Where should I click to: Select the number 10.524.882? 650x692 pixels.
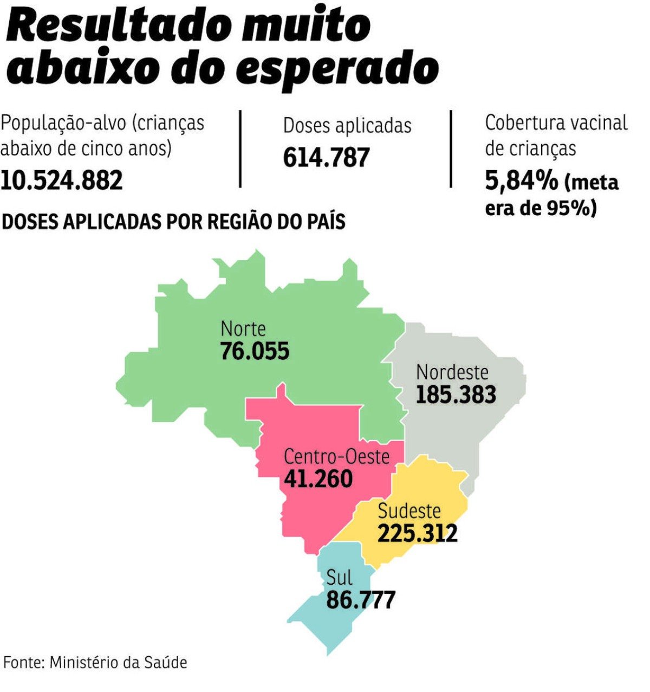[x=61, y=180]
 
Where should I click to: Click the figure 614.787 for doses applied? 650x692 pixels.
[x=326, y=157]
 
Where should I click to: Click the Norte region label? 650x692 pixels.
[x=243, y=329]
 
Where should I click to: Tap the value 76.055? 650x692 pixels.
[x=255, y=351]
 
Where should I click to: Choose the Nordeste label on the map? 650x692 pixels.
[x=452, y=372]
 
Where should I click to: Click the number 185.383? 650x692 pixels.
[x=456, y=394]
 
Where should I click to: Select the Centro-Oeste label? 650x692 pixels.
[x=336, y=456]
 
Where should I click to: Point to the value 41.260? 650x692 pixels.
[x=318, y=478]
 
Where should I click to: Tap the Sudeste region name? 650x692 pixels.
[x=409, y=510]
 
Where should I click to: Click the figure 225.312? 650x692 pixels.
[x=417, y=533]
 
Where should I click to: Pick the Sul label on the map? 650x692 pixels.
[x=339, y=577]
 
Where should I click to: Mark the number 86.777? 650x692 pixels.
[x=361, y=600]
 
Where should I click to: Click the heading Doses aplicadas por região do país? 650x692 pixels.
[x=174, y=222]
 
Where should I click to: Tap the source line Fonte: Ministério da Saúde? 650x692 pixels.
[x=95, y=662]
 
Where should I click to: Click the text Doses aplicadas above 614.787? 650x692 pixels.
[x=347, y=126]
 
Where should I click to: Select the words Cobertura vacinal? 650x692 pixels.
[x=556, y=123]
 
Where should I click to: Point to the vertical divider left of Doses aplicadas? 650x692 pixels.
[x=240, y=148]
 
